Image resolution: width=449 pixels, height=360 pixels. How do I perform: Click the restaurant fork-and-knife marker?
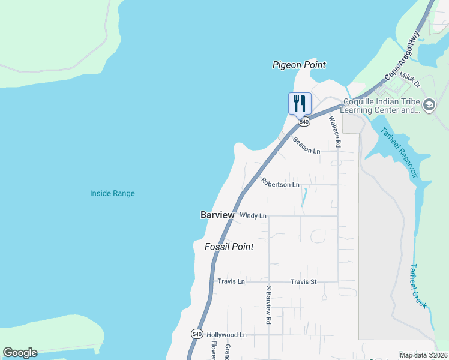tap(300, 103)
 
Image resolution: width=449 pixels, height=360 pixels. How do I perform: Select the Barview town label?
tap(217, 215)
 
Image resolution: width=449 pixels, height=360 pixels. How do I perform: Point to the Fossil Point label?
tap(229, 247)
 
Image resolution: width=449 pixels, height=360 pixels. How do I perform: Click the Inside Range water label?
tap(112, 193)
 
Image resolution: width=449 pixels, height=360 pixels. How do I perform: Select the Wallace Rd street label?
tap(334, 131)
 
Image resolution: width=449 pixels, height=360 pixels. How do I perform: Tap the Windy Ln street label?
tap(252, 215)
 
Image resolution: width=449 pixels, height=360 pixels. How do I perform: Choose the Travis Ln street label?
tap(231, 281)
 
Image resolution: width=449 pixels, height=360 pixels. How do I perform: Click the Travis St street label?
tap(303, 281)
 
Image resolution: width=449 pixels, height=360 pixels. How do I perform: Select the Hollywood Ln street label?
tap(226, 334)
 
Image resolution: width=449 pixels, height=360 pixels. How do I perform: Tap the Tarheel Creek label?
tap(418, 286)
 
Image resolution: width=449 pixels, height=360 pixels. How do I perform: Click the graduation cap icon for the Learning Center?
tap(429, 106)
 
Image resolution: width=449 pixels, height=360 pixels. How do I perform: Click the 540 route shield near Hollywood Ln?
tap(197, 333)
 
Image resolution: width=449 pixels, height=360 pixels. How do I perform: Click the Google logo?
tap(20, 353)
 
